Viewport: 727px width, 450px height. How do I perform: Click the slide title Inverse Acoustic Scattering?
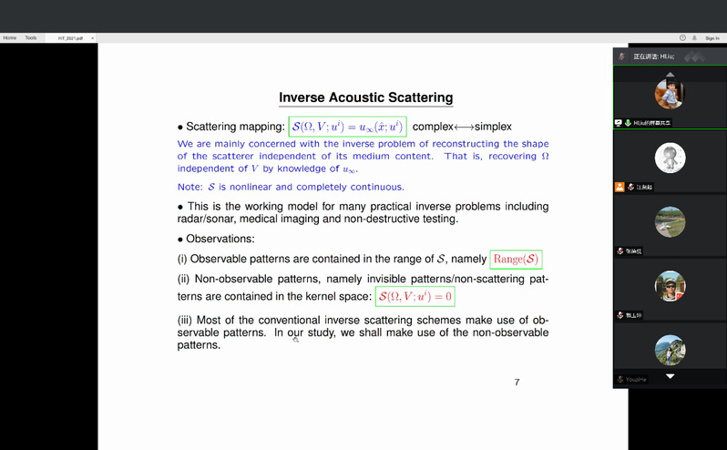(x=365, y=97)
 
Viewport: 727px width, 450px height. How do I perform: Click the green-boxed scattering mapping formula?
(x=347, y=127)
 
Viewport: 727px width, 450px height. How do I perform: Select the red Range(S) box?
(x=516, y=259)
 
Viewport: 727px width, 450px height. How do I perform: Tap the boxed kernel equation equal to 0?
(x=416, y=297)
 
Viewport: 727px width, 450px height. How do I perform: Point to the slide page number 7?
(x=517, y=382)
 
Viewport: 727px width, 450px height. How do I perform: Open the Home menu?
(x=10, y=37)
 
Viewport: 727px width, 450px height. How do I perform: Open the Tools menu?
(x=31, y=37)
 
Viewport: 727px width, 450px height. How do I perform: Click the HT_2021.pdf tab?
(x=70, y=38)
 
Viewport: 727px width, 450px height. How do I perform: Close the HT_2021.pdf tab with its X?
(x=93, y=38)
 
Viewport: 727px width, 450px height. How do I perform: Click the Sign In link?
(x=712, y=38)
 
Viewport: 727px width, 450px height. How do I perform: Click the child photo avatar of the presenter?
(x=670, y=93)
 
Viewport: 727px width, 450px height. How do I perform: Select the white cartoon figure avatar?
(x=670, y=159)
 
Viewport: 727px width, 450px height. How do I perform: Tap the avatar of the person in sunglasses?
(x=670, y=286)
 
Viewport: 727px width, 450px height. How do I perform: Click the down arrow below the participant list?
(x=671, y=376)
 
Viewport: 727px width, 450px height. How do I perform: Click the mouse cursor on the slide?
(x=295, y=338)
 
